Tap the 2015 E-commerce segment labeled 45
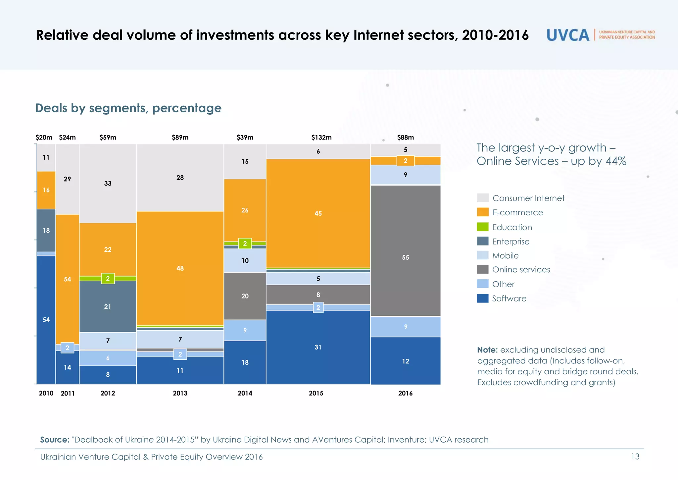(318, 213)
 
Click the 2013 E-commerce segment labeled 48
(180, 268)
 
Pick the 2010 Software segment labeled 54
(46, 320)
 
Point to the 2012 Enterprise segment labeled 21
(108, 307)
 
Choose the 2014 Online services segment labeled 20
(245, 296)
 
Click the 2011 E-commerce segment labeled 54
(67, 279)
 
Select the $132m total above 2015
(321, 137)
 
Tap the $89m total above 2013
(180, 137)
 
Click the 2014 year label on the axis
(245, 393)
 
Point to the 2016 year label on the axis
(405, 393)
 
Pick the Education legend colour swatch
(482, 227)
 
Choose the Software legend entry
(509, 298)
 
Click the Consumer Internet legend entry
(528, 198)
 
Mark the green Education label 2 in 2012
(108, 279)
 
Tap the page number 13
(635, 457)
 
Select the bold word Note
(487, 350)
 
